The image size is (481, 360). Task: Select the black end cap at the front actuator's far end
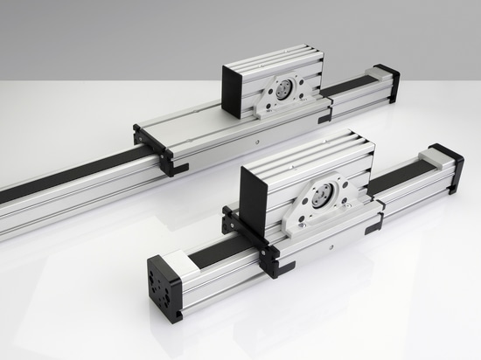449,166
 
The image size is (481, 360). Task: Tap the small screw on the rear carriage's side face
259,140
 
